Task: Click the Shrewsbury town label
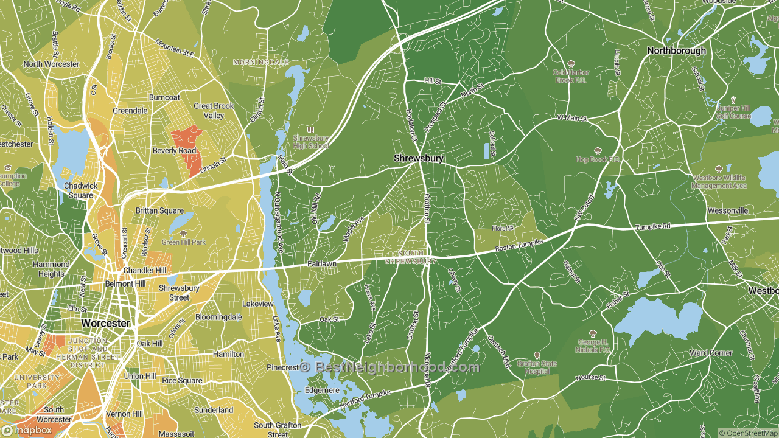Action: click(x=419, y=158)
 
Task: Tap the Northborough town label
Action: click(x=676, y=50)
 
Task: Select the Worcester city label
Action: click(x=106, y=323)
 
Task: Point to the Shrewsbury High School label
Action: click(x=310, y=142)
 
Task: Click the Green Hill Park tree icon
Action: click(x=183, y=234)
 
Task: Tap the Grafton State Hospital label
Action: click(x=537, y=367)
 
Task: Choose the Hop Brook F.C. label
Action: click(x=597, y=159)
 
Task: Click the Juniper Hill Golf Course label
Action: click(x=733, y=112)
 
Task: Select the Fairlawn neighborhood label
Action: click(x=323, y=265)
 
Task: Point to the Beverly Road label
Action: click(x=174, y=151)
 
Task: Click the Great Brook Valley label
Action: click(x=214, y=111)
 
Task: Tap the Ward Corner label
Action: click(x=711, y=353)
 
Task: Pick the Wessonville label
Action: click(x=727, y=210)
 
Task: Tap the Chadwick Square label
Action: click(x=80, y=190)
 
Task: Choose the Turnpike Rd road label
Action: click(x=652, y=226)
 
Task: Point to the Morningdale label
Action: click(x=261, y=63)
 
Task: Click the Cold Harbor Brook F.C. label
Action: click(x=570, y=76)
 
